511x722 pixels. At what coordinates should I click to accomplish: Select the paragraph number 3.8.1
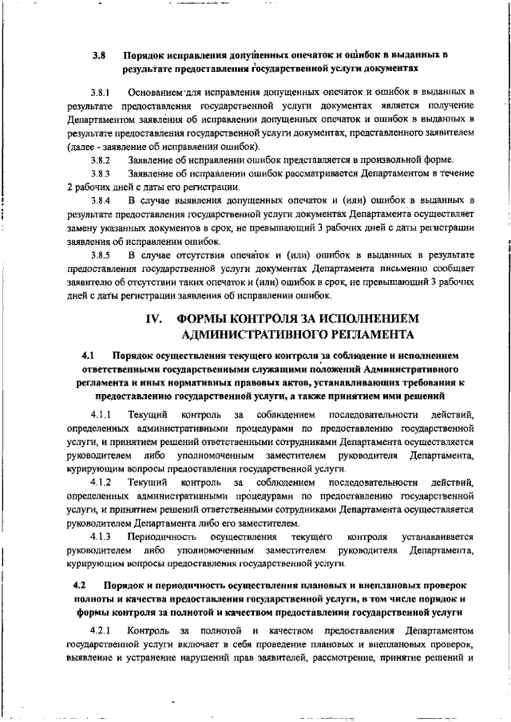pyautogui.click(x=102, y=93)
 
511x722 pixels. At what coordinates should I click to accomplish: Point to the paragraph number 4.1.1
pyautogui.click(x=102, y=415)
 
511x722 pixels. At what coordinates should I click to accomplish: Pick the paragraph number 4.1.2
pyautogui.click(x=102, y=483)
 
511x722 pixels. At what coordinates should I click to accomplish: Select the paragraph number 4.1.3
pyautogui.click(x=102, y=537)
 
